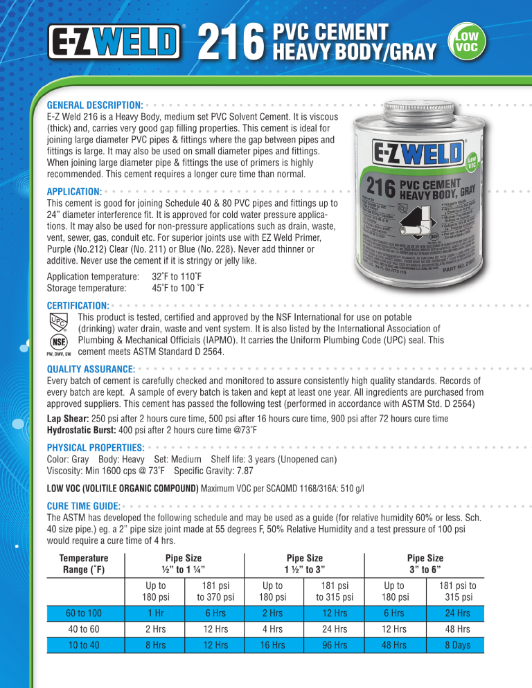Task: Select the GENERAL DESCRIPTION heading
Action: click(94, 104)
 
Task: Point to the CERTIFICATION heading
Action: click(77, 305)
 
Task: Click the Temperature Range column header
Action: click(83, 563)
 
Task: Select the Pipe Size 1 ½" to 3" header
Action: click(305, 563)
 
